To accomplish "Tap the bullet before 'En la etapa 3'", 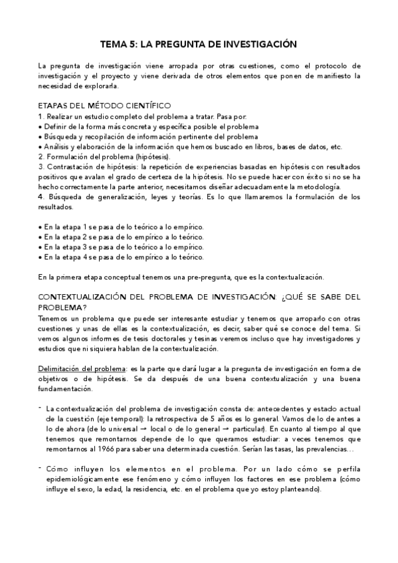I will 40,246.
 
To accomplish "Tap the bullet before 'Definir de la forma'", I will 40,125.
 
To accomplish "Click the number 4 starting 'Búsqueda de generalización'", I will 41,197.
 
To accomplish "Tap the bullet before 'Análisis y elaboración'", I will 40,146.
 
